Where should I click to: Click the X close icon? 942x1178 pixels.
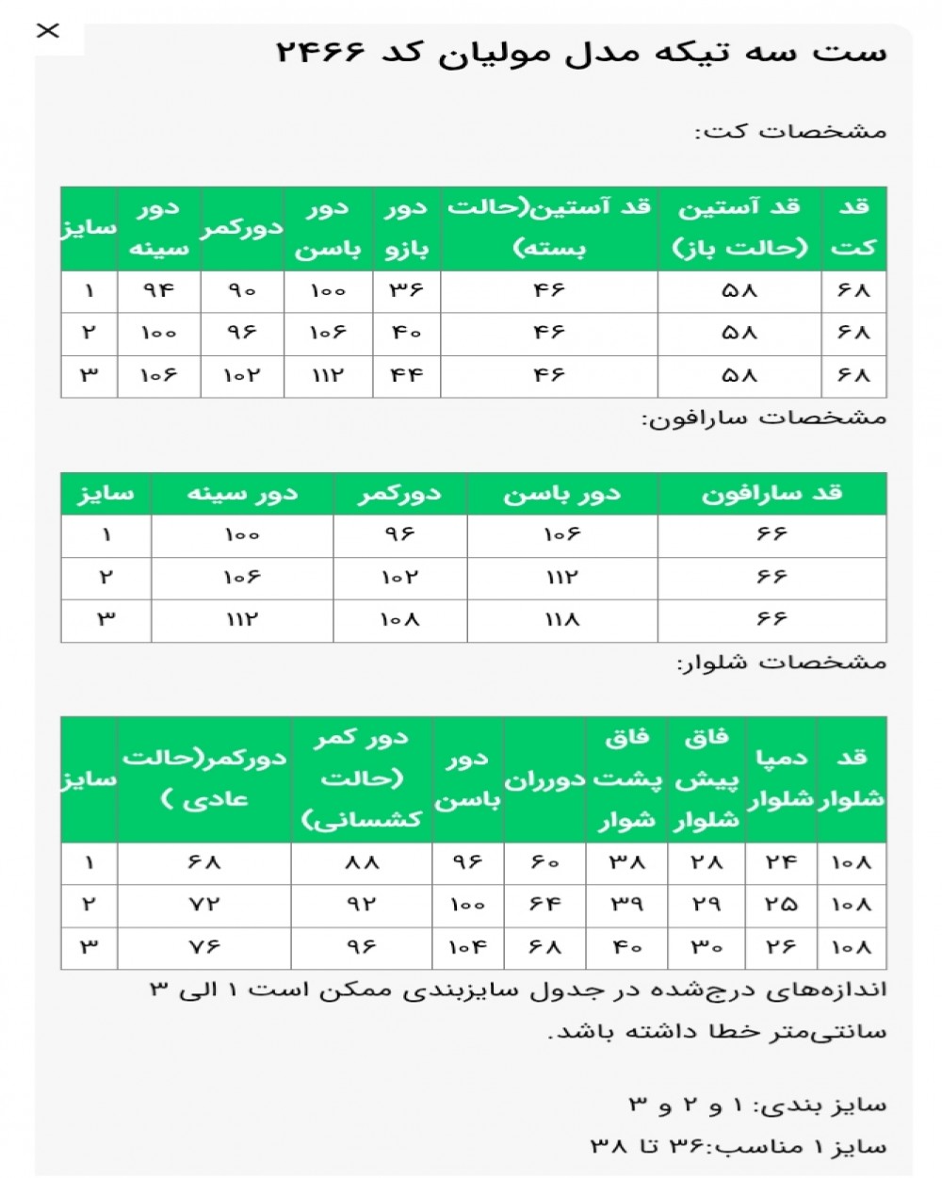pyautogui.click(x=47, y=31)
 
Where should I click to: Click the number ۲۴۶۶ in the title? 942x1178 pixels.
pyautogui.click(x=320, y=52)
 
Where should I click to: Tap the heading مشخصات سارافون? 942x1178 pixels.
pyautogui.click(x=764, y=417)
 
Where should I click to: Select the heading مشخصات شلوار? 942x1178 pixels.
pyautogui.click(x=782, y=663)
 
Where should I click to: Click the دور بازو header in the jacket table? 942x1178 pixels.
pyautogui.click(x=407, y=228)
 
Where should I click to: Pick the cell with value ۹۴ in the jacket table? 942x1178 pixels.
pyautogui.click(x=158, y=291)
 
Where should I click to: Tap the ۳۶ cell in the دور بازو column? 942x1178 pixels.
pyautogui.click(x=407, y=291)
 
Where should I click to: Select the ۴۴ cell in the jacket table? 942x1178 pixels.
pyautogui.click(x=407, y=375)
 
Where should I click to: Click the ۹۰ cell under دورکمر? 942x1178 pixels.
pyautogui.click(x=242, y=291)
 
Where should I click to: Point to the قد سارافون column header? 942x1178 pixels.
pyautogui.click(x=771, y=494)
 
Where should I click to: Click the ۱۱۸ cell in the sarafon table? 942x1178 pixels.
pyautogui.click(x=561, y=620)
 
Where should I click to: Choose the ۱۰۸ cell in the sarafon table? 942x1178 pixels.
pyautogui.click(x=399, y=620)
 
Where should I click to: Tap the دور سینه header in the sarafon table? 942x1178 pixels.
pyautogui.click(x=242, y=494)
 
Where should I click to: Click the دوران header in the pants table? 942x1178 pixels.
pyautogui.click(x=544, y=780)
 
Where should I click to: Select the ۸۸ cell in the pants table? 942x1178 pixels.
pyautogui.click(x=362, y=862)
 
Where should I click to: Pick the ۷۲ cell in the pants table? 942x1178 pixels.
pyautogui.click(x=204, y=905)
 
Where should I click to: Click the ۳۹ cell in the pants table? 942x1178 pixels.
pyautogui.click(x=626, y=905)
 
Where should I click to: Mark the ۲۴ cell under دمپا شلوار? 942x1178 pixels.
pyautogui.click(x=781, y=862)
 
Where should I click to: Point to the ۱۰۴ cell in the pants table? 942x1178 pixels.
pyautogui.click(x=467, y=947)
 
